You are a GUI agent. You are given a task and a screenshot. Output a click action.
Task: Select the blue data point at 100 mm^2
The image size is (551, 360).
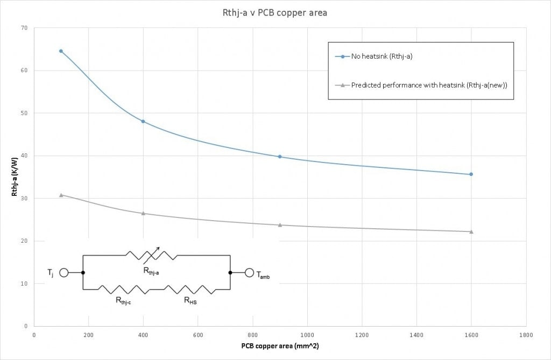[x=61, y=51]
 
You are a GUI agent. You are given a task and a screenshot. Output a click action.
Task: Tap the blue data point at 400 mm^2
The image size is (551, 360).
[x=143, y=122]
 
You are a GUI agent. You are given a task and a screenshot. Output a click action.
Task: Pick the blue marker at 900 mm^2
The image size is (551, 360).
[x=280, y=157]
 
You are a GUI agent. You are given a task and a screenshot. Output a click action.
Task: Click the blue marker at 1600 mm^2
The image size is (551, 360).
[x=471, y=174]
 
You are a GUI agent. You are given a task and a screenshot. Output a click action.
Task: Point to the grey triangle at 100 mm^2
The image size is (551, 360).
[x=61, y=195]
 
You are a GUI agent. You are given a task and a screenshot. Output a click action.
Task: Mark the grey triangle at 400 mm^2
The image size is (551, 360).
[x=143, y=213]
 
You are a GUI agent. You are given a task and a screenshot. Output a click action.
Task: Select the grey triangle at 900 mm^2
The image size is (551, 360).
[x=280, y=225]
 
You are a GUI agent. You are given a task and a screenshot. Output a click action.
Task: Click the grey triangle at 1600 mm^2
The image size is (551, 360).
[x=471, y=231]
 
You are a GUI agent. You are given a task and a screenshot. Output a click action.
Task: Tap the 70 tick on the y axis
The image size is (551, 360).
[x=24, y=28]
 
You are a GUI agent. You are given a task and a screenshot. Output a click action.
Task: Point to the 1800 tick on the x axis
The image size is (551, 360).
[x=526, y=335]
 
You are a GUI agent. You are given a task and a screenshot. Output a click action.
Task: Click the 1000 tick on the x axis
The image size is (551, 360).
[x=307, y=335]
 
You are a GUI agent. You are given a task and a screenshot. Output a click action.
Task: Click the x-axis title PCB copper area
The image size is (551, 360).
[x=280, y=345]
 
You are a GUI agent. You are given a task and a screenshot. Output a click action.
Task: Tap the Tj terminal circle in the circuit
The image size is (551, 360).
[x=63, y=273]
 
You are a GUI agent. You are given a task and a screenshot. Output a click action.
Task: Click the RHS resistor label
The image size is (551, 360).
[x=190, y=302]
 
